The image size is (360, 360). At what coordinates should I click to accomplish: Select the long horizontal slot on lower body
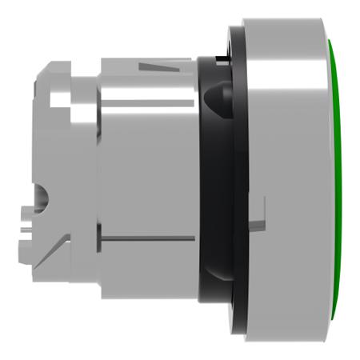pyautogui.click(x=148, y=237)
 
